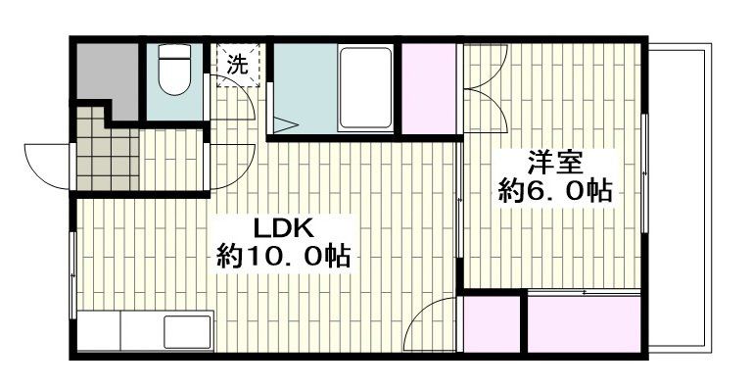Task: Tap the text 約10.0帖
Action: tap(284, 259)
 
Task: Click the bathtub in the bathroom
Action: tap(365, 88)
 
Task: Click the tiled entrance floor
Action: tap(108, 156)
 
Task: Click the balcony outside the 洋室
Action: tap(685, 196)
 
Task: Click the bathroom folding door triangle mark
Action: tap(287, 124)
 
